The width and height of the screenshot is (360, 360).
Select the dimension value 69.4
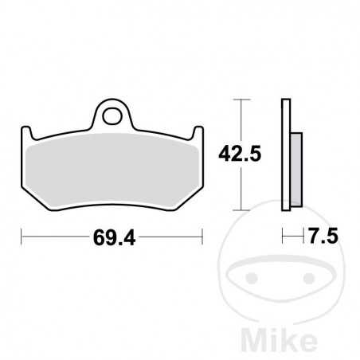tap(112, 237)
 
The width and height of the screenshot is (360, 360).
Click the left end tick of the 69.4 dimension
tap(22, 237)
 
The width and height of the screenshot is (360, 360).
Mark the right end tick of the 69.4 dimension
tap(204, 237)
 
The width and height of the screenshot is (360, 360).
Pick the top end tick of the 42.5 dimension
tap(241, 99)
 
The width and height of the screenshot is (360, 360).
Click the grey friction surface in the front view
tap(112, 167)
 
